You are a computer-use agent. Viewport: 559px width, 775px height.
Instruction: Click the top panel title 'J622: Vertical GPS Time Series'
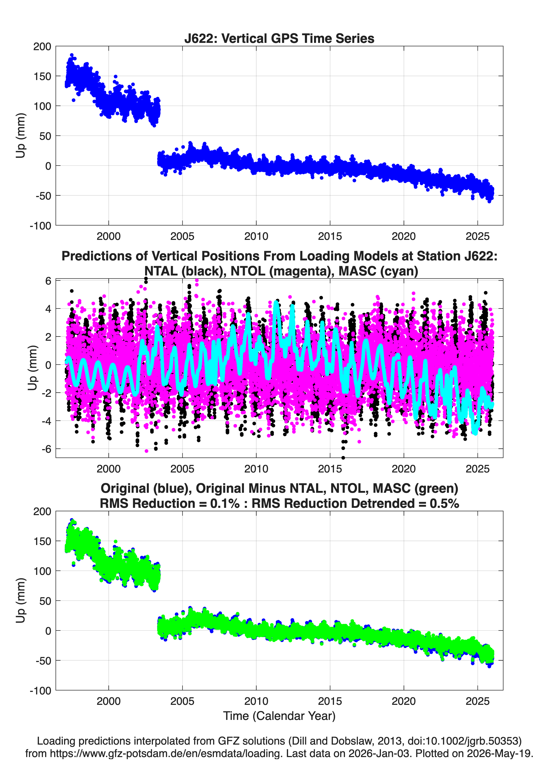279,38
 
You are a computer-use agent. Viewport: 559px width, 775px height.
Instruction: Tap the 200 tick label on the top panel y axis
42,47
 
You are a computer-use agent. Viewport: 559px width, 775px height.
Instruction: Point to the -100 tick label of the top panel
40,226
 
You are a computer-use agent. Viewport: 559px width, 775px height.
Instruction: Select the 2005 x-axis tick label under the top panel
182,236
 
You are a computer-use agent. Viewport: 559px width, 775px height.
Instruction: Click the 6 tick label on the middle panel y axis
48,281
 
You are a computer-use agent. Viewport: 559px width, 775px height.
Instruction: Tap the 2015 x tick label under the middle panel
330,469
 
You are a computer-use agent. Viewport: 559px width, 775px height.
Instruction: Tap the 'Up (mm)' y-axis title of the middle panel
32,368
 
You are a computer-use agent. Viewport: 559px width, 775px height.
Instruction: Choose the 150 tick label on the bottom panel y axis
42,541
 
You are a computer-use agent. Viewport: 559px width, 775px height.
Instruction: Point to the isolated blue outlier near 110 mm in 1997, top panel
73,100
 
